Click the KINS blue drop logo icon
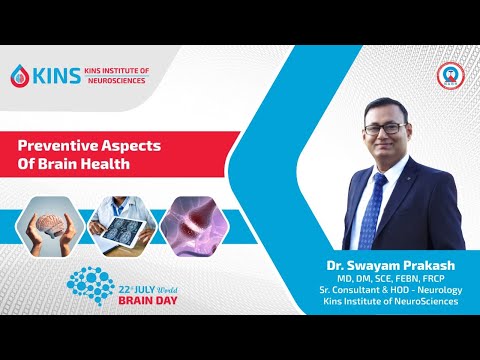pos(20,75)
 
